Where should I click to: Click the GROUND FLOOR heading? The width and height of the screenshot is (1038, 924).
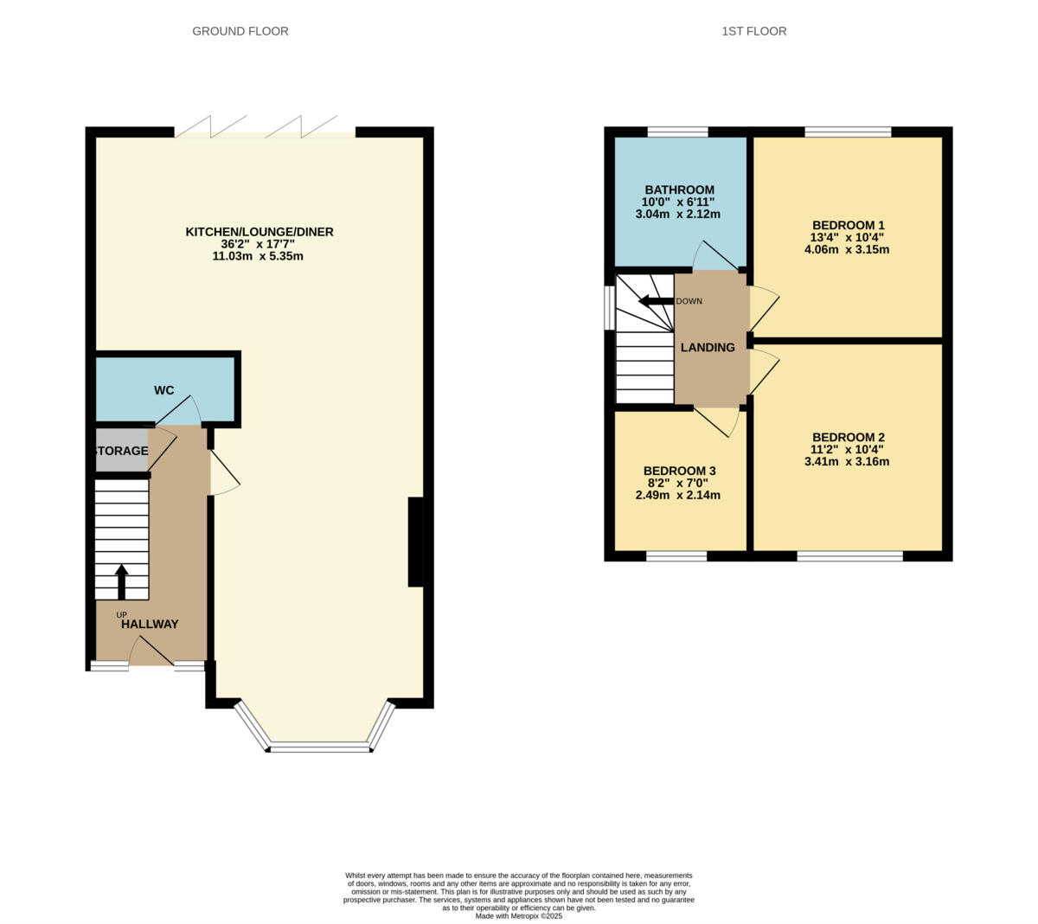240,31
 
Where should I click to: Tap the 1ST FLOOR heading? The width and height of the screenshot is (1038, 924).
753,31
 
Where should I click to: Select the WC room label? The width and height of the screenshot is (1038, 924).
164,390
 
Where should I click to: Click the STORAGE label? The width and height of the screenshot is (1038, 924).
121,451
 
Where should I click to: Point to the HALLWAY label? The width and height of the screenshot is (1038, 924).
150,624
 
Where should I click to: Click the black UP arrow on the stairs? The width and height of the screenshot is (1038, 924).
121,581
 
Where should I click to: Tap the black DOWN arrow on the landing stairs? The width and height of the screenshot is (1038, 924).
656,301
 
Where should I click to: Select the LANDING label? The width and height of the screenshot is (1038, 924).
708,348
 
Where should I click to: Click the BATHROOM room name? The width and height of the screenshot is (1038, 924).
679,190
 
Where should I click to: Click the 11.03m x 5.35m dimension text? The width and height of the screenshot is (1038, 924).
258,257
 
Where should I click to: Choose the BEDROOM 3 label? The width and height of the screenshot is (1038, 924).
679,472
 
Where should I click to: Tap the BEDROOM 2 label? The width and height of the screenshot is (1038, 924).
848,438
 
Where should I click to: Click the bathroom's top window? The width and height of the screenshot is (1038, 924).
677,132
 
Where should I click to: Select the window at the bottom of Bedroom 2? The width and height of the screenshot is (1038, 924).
849,555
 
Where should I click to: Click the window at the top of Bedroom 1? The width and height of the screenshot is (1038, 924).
848,132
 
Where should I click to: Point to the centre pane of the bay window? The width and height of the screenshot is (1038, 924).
319,746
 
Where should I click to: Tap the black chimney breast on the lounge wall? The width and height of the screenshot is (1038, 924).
416,542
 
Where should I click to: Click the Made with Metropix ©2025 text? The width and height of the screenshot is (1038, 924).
518,915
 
